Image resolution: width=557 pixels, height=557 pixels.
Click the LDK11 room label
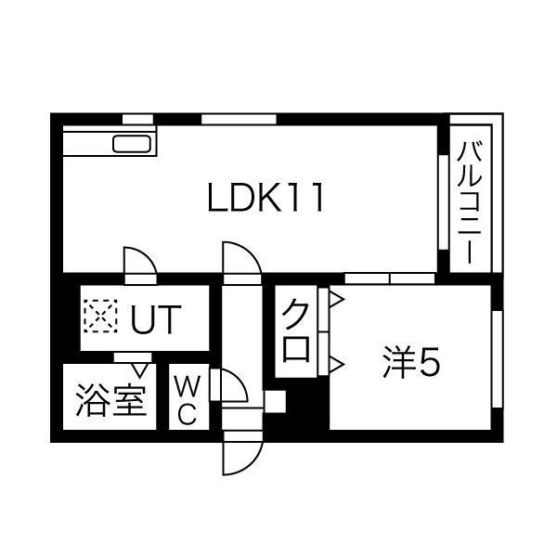(266, 198)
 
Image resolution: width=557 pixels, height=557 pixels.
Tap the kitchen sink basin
(132, 144)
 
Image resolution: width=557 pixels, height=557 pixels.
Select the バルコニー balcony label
(470, 202)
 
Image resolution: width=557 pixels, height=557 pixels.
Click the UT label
(156, 319)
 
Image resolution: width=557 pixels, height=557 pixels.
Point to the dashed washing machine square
(101, 317)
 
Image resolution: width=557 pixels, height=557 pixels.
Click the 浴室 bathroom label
(110, 400)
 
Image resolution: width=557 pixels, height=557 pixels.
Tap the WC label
(188, 401)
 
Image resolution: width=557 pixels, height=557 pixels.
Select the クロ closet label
(295, 330)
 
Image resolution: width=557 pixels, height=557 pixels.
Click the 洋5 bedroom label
(411, 363)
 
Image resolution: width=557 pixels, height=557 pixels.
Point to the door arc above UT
(140, 261)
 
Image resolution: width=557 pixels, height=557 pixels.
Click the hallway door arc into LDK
(242, 258)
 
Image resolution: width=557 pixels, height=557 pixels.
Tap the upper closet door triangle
(337, 300)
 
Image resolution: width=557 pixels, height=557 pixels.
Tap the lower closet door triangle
(337, 364)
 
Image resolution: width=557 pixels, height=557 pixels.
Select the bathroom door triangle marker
(140, 370)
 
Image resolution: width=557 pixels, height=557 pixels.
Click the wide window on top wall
(239, 120)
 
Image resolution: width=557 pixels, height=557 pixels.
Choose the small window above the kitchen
(137, 120)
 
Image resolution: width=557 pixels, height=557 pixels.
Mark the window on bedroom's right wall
(498, 359)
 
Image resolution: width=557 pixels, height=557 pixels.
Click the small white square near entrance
(276, 401)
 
